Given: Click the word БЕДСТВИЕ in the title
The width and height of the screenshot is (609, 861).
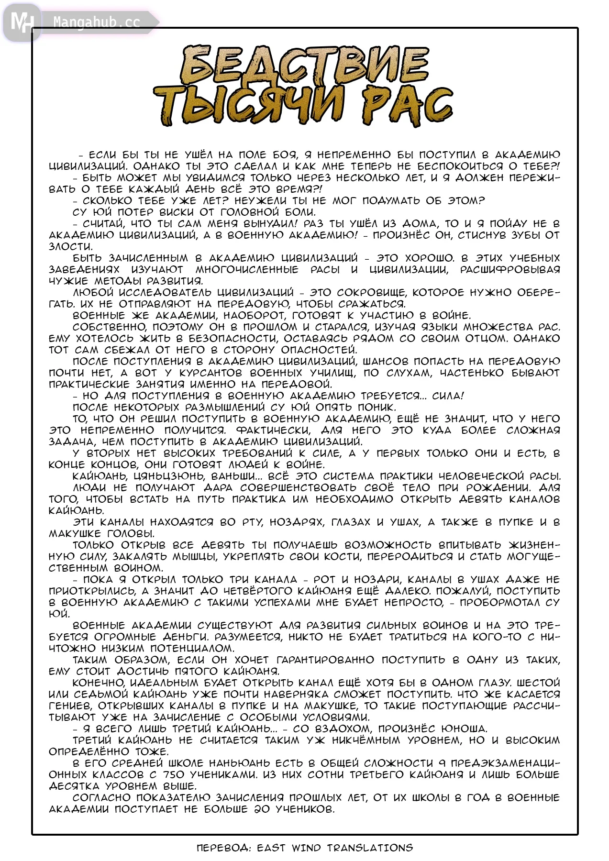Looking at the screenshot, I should click(x=304, y=66).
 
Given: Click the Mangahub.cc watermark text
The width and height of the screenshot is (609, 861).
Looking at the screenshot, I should click(x=97, y=22).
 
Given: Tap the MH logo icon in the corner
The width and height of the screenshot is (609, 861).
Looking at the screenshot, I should click(x=22, y=22).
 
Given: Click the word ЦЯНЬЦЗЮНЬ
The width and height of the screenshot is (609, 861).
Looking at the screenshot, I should click(x=169, y=476).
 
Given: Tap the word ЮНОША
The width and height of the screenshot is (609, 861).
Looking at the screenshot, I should click(x=464, y=729).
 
